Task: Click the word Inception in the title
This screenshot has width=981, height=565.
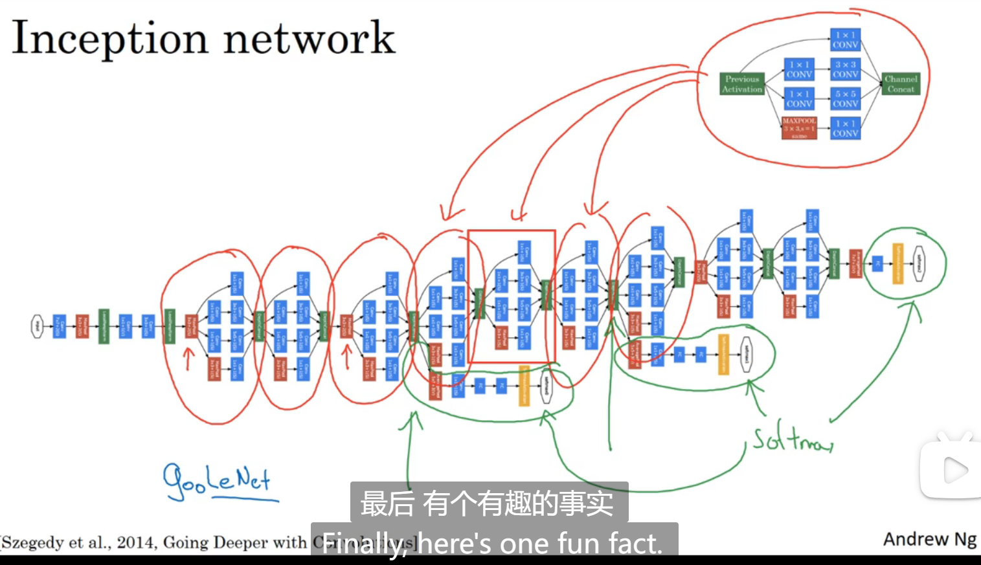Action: tap(109, 39)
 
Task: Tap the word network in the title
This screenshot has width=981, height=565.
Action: tap(309, 39)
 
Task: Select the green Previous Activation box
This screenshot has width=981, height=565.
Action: tap(742, 84)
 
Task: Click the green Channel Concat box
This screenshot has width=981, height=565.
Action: tap(901, 84)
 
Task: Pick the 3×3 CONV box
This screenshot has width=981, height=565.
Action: tap(845, 69)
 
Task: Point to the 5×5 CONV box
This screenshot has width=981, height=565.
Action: tap(845, 98)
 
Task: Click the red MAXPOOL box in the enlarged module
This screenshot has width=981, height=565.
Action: tap(799, 128)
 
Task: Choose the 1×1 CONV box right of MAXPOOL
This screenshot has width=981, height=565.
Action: tap(845, 128)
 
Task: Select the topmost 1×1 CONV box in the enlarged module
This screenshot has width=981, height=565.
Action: tap(845, 39)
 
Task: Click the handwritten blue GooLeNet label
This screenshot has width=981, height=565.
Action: tap(216, 482)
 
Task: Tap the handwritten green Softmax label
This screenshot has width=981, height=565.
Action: tap(791, 440)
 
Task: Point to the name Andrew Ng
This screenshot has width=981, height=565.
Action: tap(929, 539)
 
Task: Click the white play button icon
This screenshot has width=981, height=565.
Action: tap(954, 471)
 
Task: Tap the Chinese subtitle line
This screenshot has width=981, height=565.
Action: tap(487, 504)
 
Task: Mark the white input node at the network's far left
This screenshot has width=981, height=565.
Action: tap(38, 326)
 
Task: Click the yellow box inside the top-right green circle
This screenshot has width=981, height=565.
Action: tap(897, 263)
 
